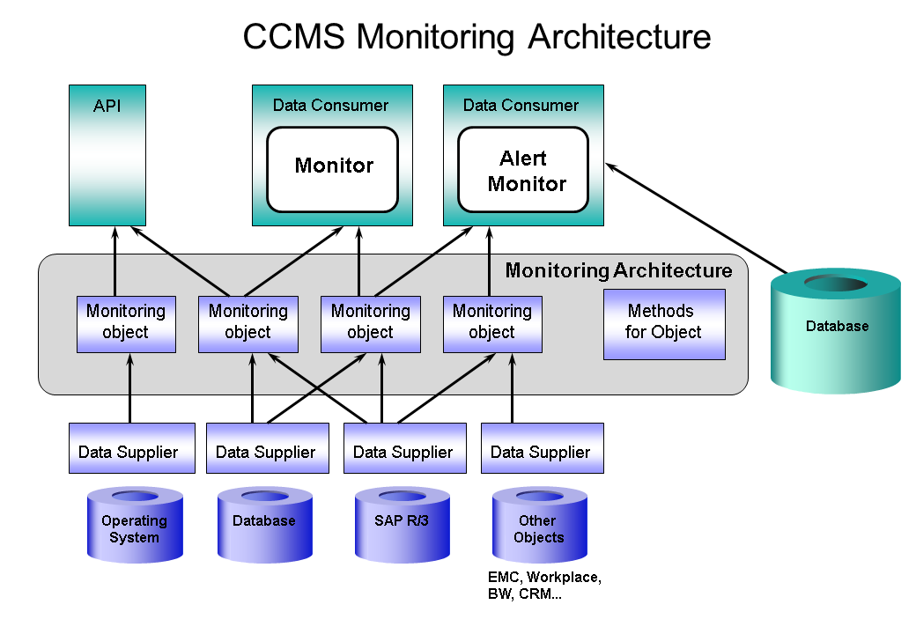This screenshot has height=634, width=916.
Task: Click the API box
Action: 107,155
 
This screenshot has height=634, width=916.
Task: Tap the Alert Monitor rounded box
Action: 523,170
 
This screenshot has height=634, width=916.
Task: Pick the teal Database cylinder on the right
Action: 836,329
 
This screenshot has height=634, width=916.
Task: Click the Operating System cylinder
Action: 135,526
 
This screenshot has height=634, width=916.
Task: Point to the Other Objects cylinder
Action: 539,527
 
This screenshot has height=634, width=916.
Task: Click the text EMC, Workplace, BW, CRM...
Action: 544,586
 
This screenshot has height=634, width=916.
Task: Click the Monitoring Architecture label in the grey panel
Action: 618,270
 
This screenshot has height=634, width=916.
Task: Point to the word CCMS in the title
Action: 295,37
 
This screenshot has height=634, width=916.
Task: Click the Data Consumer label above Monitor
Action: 330,105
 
